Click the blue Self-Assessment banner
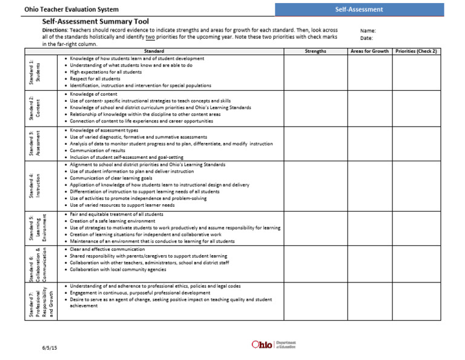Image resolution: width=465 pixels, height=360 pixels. point(359,9)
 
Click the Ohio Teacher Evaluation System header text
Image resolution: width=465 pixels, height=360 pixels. point(71,10)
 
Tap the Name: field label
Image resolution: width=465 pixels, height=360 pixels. point(368,30)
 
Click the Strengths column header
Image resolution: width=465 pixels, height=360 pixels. point(315,52)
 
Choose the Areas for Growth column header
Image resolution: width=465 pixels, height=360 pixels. point(369,52)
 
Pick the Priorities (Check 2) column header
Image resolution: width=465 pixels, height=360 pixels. point(416,52)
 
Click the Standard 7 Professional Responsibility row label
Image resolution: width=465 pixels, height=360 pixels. point(42,300)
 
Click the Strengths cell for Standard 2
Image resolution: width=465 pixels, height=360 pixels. point(315,107)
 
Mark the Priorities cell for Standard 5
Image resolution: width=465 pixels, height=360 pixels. point(416,227)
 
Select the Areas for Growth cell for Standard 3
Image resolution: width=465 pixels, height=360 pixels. point(369,143)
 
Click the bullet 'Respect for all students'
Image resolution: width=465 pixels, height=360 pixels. point(95,79)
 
